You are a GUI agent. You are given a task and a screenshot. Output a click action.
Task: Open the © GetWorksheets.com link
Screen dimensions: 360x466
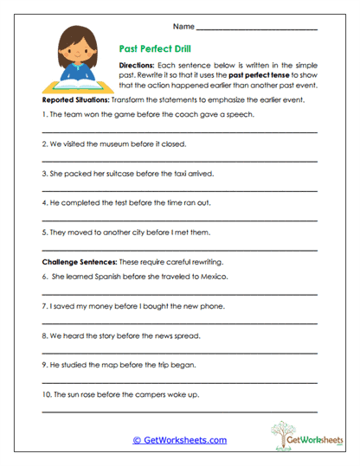180,440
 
